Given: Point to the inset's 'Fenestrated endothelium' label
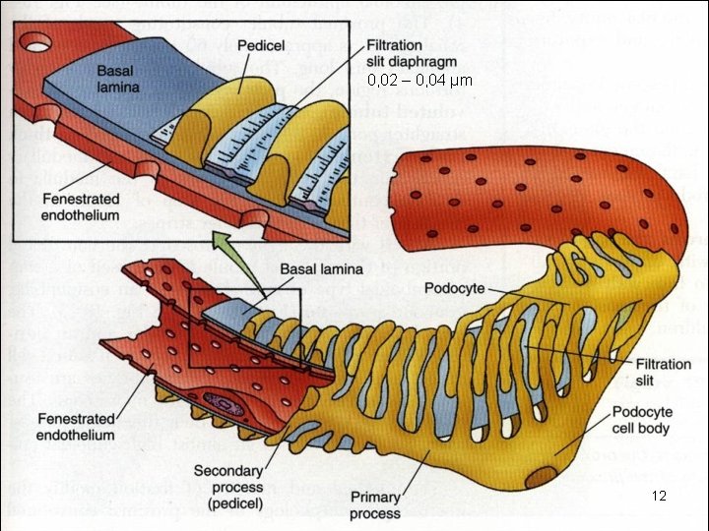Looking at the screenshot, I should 81,206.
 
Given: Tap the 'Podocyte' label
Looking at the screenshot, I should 455,288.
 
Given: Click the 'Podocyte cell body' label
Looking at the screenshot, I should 641,420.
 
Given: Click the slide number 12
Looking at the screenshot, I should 660,497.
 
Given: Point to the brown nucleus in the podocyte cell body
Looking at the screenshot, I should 541,479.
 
